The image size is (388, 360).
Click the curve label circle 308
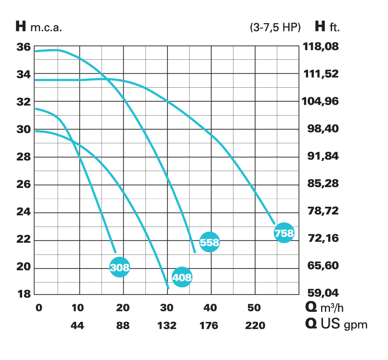(x=120, y=267)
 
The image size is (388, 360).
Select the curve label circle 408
(x=182, y=277)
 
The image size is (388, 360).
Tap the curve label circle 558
(x=209, y=242)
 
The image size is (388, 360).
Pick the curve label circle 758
(x=284, y=233)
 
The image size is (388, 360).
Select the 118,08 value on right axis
(x=321, y=47)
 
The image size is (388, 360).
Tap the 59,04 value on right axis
(x=321, y=293)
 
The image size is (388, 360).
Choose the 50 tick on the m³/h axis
(x=254, y=308)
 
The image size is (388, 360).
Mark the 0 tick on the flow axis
(x=39, y=308)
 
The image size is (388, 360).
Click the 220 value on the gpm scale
(x=255, y=326)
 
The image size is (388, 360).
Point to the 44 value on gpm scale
(x=78, y=326)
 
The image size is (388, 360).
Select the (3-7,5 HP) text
(x=275, y=27)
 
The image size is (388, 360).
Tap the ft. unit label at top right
(x=335, y=27)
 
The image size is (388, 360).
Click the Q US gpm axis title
(x=336, y=324)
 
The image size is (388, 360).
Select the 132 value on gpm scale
(x=167, y=326)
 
